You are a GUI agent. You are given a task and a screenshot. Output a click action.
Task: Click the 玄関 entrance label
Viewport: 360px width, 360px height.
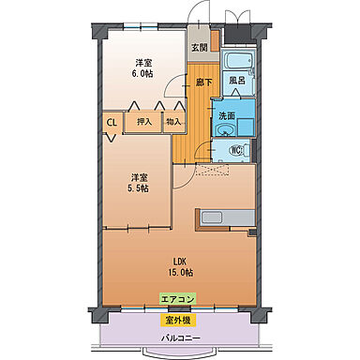pos(200,47)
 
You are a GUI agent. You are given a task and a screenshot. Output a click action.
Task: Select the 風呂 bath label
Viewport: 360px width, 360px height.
pos(237,81)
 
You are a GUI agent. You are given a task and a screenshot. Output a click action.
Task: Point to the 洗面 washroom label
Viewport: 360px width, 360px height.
pos(227,115)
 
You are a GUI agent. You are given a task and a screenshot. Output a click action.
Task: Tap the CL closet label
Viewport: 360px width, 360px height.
pos(111,121)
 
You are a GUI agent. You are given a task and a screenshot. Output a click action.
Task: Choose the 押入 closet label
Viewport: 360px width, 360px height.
pos(144,121)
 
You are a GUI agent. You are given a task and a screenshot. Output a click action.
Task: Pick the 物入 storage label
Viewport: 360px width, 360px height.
pos(174,121)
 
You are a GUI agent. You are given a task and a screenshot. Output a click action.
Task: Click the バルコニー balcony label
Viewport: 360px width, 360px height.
pos(177,337)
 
